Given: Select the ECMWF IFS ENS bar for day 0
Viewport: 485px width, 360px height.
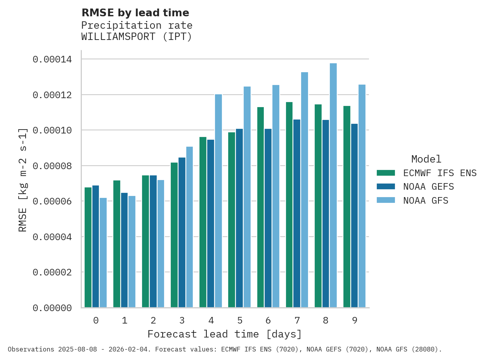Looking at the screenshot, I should (88, 247).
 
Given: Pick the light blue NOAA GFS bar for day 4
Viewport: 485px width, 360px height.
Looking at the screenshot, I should (218, 201).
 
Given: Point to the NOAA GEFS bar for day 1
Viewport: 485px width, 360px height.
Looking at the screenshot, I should (124, 250).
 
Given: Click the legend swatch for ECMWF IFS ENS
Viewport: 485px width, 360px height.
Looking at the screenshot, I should (386, 173).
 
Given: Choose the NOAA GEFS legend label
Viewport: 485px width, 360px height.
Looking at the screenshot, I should (428, 187).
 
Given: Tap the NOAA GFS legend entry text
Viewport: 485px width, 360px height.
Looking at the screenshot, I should (426, 201).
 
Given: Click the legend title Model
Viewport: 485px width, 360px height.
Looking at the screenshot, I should (426, 159).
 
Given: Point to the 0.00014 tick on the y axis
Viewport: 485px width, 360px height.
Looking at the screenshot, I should (52, 59).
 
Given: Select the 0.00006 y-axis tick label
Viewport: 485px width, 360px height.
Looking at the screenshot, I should (52, 201).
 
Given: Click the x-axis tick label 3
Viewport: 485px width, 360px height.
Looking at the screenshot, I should (182, 320).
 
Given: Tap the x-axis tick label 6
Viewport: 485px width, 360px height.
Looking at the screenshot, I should (268, 320).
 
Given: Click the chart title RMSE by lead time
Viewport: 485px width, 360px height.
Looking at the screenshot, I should (135, 13).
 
